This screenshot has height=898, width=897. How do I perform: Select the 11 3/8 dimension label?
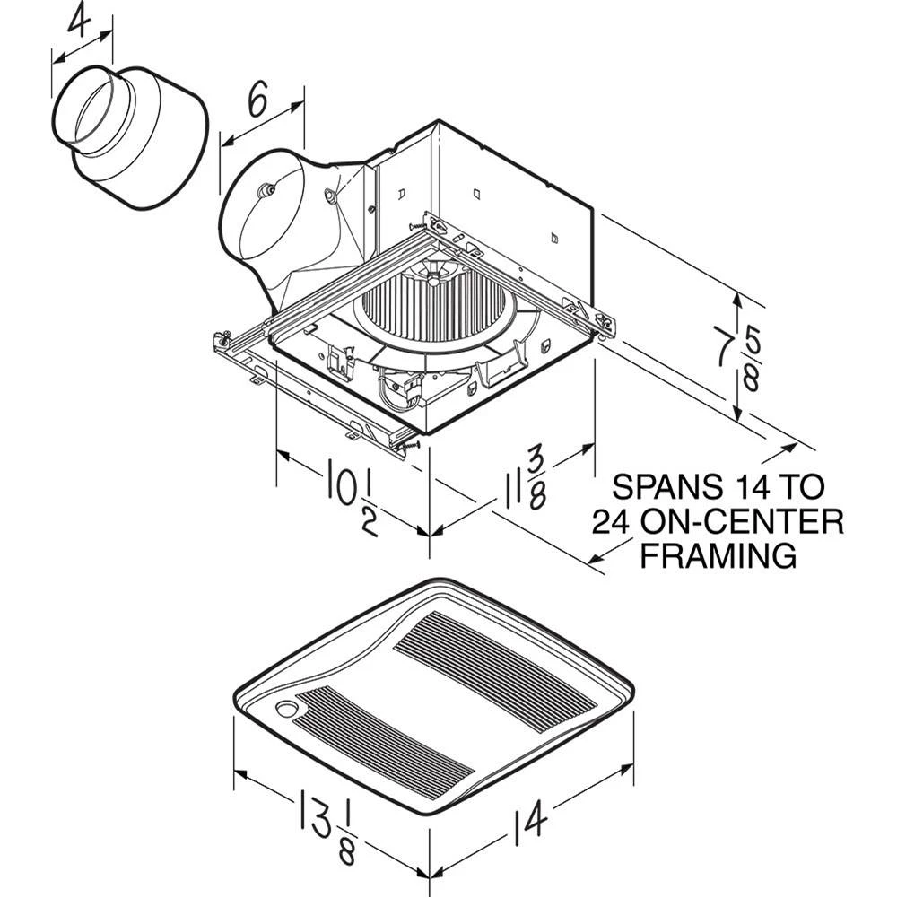524,482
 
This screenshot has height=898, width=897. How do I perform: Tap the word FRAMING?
718,555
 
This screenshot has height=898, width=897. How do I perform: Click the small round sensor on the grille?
284,708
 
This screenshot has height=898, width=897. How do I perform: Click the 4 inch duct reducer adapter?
131,136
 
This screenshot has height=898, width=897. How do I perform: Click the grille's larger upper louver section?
496,672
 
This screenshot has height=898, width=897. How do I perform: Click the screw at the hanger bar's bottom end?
409,445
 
